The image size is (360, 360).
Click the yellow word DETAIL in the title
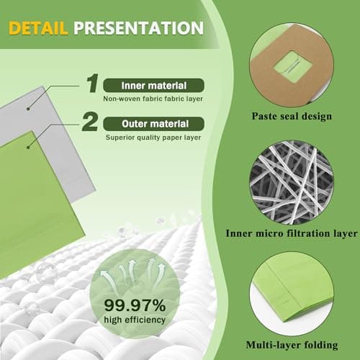pos(38,28)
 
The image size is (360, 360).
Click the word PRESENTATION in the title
pos(138,28)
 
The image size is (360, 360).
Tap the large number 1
pos(91,84)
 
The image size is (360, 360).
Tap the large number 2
pos(90,120)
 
